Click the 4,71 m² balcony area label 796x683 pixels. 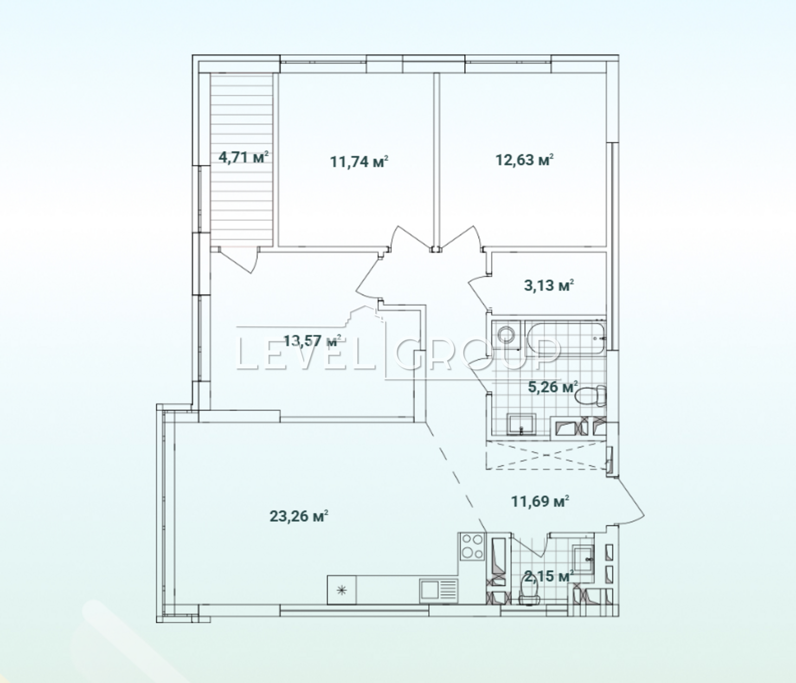coord(243,158)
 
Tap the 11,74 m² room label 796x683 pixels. coord(359,162)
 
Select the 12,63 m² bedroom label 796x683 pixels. coord(524,160)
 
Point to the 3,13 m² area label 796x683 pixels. coord(549,286)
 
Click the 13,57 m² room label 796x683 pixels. coord(312,341)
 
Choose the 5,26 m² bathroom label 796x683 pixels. coord(552,387)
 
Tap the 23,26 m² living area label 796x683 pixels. coord(298,516)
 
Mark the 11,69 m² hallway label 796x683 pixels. coord(540,502)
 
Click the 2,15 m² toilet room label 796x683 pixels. coord(549,577)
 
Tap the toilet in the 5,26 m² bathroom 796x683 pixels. coord(591,396)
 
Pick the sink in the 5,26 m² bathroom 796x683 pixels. coord(521,424)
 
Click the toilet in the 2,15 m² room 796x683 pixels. coord(529,592)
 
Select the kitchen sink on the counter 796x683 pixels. coord(438,591)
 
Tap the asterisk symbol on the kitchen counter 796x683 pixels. coord(342,591)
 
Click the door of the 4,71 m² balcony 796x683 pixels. coord(239,259)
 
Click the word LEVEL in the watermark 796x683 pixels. coord(305,353)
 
